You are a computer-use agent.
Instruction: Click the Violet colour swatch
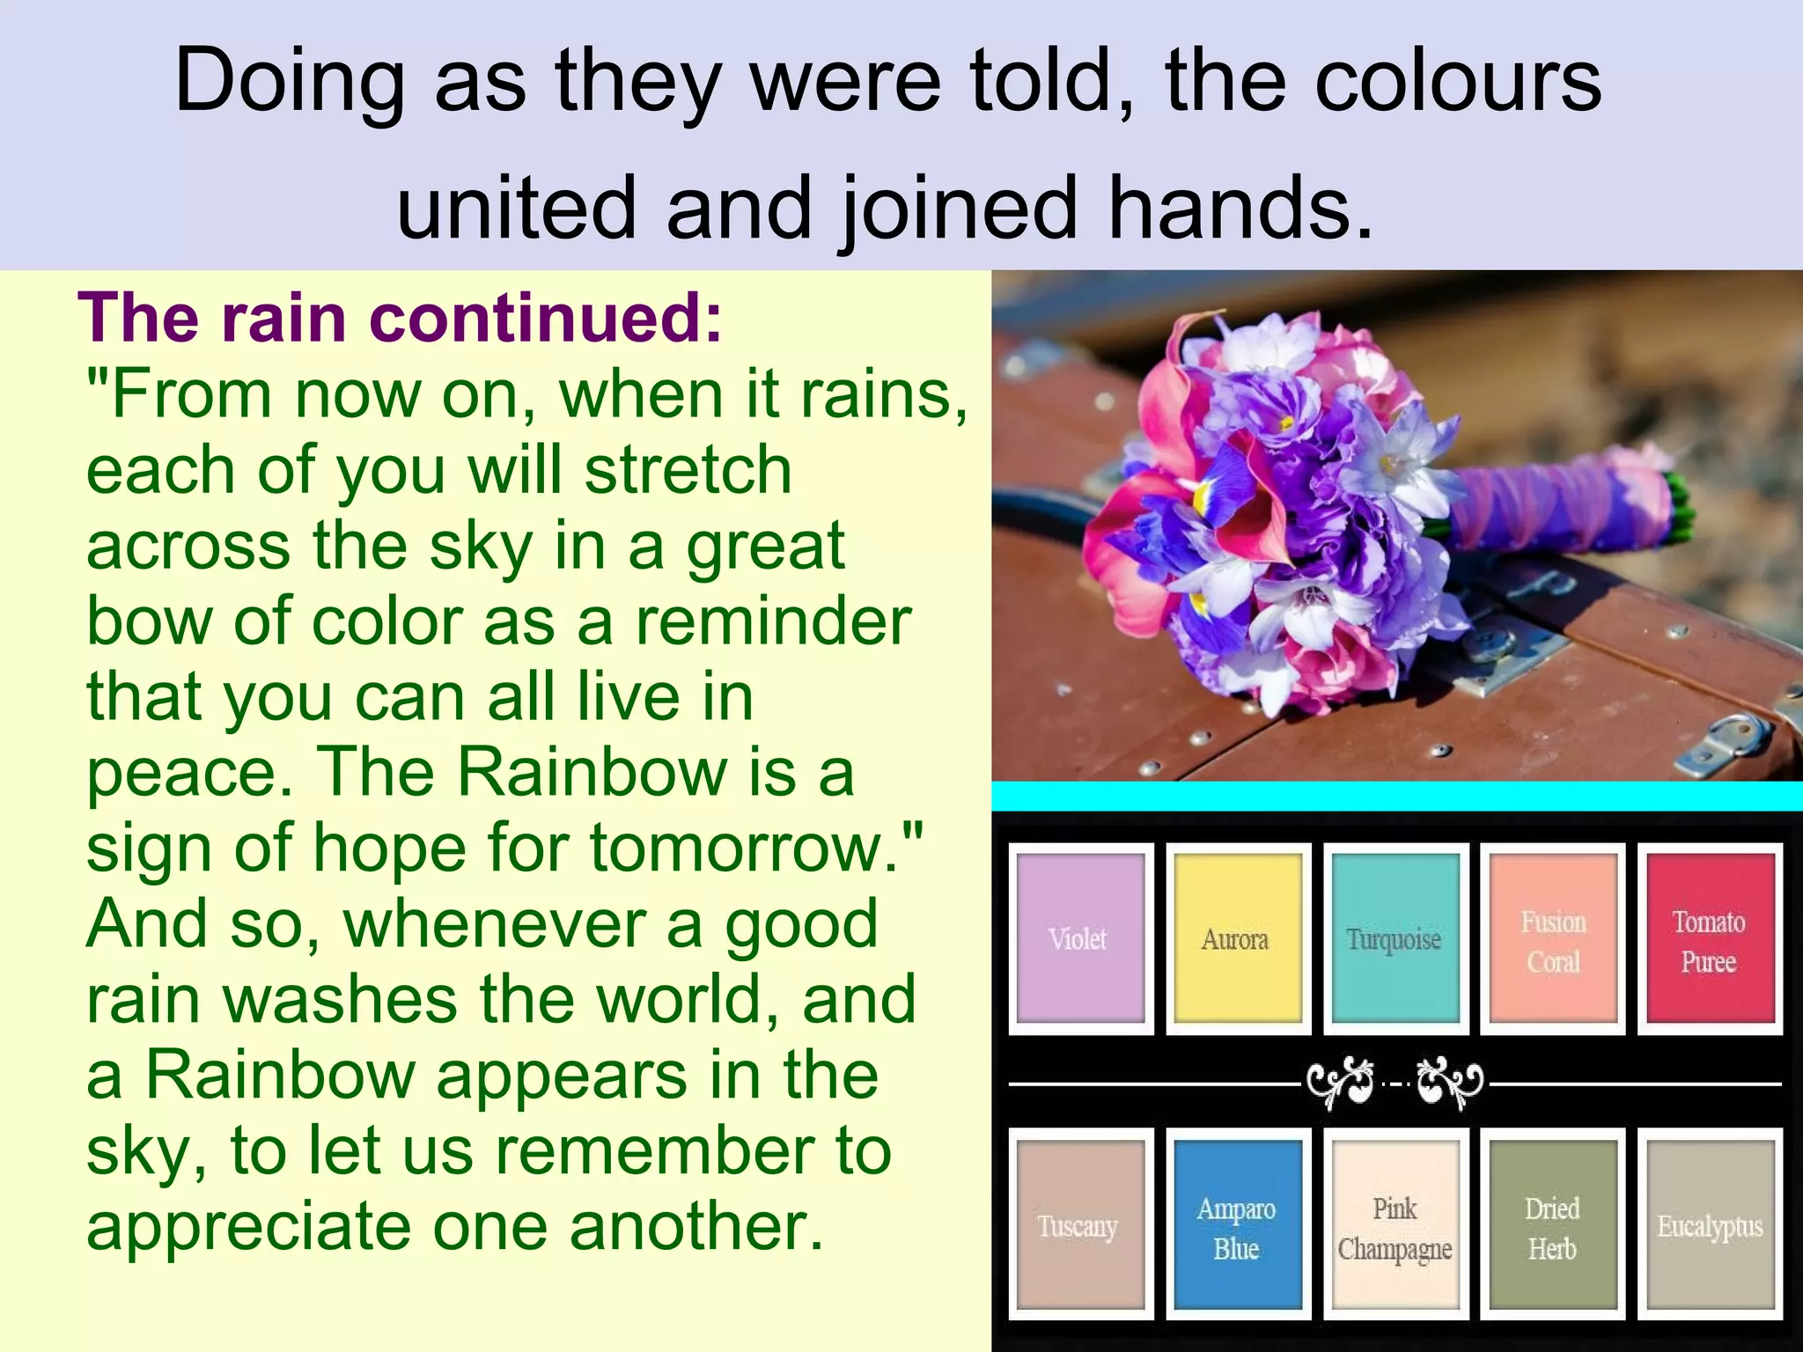coord(1080,938)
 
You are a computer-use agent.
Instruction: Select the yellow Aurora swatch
coord(1238,938)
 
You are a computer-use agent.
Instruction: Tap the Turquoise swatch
coord(1395,938)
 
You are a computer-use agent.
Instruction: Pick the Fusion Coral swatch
coord(1553,938)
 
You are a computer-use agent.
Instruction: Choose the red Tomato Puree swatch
coord(1710,938)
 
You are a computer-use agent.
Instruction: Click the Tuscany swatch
coord(1080,1224)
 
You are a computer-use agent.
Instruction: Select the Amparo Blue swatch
coord(1238,1224)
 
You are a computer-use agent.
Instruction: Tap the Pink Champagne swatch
coord(1395,1224)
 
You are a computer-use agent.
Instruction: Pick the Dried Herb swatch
coord(1553,1224)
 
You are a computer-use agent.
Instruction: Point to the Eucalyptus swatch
coord(1710,1224)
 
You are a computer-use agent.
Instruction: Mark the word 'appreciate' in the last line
coord(246,1227)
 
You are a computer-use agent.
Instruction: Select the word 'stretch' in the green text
coord(688,470)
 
